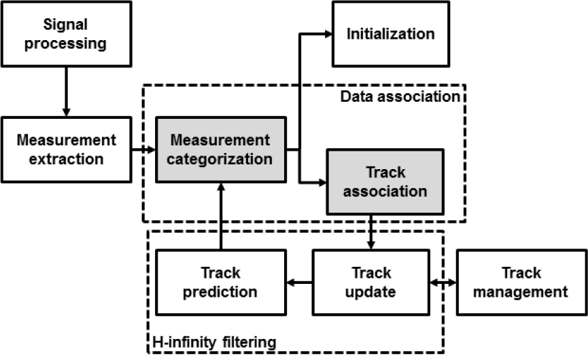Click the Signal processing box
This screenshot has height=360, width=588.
point(66,35)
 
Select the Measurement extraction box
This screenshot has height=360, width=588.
point(66,150)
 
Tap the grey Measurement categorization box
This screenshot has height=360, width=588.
point(220,150)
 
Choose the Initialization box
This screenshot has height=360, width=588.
point(390,34)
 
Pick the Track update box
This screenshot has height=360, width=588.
point(371,283)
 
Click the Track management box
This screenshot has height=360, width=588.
point(520,283)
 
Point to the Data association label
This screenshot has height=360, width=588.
point(400,96)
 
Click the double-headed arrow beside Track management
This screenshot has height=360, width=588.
point(443,283)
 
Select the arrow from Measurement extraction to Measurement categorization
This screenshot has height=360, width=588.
point(142,150)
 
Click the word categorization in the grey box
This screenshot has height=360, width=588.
point(220,159)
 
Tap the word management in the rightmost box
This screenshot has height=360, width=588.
point(520,292)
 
